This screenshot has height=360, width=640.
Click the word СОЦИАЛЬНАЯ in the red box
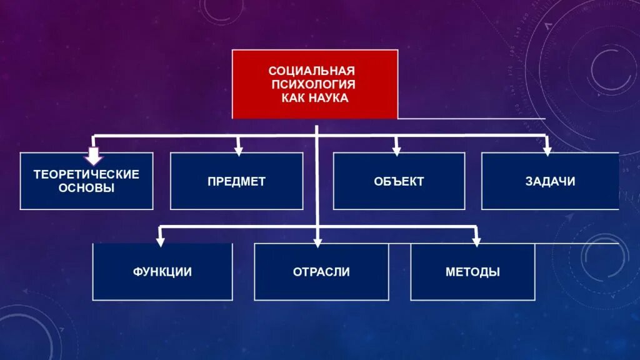(311, 71)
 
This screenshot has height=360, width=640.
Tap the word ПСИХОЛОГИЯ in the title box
(312, 84)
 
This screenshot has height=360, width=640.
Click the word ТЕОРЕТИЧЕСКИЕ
(86, 174)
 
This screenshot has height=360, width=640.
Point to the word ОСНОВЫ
(86, 187)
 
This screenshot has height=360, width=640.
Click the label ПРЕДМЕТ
(237, 182)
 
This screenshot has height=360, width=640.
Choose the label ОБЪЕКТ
(399, 182)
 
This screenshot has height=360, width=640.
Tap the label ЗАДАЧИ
(550, 182)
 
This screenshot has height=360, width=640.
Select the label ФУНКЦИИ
(162, 272)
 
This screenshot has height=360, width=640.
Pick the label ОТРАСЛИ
(321, 272)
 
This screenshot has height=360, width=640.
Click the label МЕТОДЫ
(472, 272)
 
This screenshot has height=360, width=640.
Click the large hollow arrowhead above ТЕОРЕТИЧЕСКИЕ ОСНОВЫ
(94, 154)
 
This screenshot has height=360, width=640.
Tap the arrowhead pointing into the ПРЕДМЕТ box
(238, 150)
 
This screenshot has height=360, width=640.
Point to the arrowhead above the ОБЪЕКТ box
(396, 150)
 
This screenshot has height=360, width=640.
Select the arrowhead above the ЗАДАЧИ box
(547, 150)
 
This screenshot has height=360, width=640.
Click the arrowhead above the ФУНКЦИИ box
(161, 241)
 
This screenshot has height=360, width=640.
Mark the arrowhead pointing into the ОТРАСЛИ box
(317, 241)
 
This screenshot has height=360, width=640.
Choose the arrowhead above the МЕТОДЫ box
(476, 241)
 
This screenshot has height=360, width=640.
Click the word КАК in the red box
(292, 98)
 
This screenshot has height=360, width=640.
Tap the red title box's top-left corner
(233, 51)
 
